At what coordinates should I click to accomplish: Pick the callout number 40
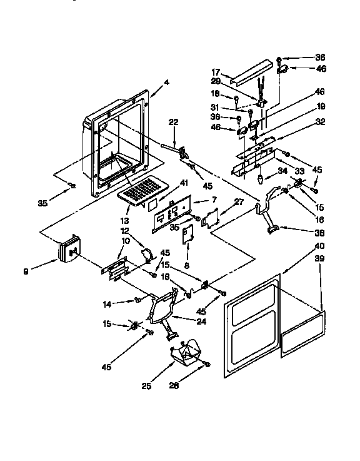320,245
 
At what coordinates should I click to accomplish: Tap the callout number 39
320,258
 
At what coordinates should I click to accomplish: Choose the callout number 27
221,201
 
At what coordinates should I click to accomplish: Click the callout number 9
26,271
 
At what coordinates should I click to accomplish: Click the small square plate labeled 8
189,233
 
